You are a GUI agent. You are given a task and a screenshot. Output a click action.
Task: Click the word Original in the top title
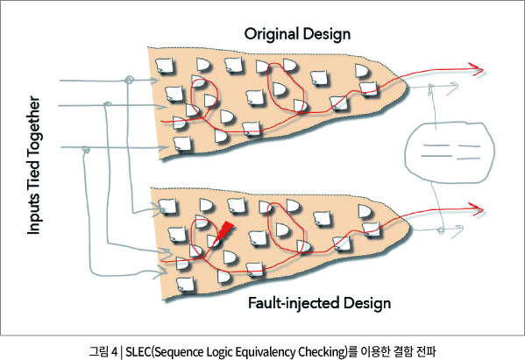coord(272,34)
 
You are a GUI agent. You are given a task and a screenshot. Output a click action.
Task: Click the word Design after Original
coord(327,34)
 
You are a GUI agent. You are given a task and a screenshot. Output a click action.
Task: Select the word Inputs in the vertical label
coord(33,213)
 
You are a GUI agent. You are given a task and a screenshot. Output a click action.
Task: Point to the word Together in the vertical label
coord(33,127)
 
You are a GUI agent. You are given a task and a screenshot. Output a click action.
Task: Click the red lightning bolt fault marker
coord(223,231)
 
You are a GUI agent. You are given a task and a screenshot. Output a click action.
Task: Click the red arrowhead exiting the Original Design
coord(477,69)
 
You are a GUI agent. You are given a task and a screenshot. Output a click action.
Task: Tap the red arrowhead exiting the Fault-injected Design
coord(477,209)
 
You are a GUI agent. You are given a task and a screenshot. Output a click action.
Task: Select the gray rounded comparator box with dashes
coord(450,152)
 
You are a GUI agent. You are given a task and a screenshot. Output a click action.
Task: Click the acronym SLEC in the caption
coord(138,352)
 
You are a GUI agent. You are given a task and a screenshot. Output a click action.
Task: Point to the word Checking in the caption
coord(322,352)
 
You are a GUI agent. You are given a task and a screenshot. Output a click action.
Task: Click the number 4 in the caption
coord(115,352)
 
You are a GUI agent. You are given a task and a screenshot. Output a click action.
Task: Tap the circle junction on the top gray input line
coord(129,80)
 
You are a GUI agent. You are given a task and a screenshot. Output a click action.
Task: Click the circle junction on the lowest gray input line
coord(86,149)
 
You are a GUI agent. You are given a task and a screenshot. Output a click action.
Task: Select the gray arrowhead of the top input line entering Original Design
coord(154,81)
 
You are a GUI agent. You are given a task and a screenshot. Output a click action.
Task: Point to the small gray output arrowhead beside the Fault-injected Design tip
coord(458,229)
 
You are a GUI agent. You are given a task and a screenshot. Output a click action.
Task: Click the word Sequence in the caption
coord(179,352)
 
